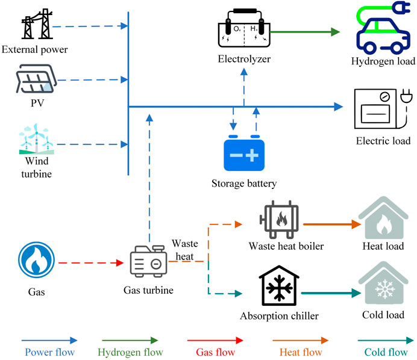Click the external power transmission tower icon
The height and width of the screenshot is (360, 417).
(35, 25)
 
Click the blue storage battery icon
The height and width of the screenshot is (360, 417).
(245, 153)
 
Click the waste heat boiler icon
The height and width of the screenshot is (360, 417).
(278, 220)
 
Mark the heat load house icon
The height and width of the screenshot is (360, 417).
(383, 220)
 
